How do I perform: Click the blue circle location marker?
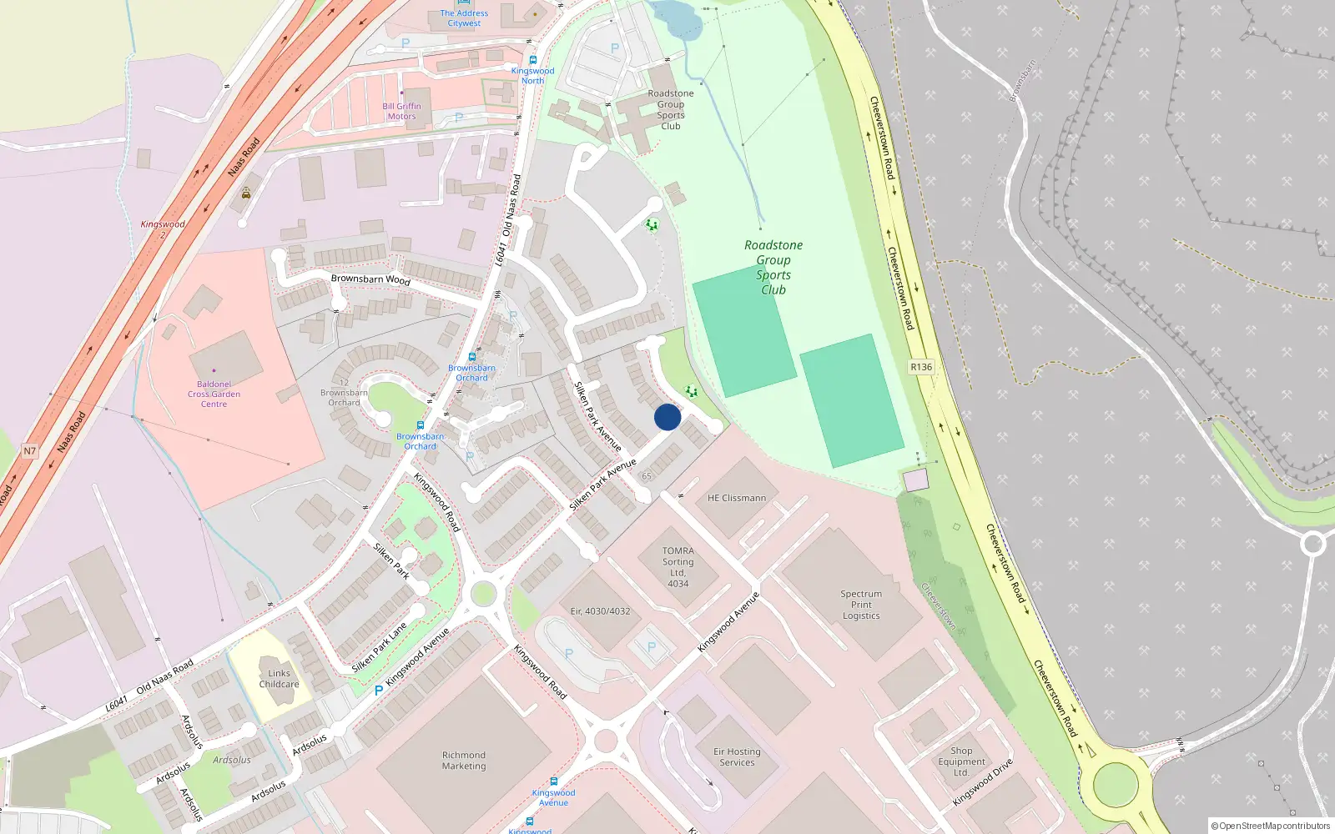coord(667,417)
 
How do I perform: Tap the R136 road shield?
coord(921,367)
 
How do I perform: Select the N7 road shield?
coord(30,451)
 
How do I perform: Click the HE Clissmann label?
coord(737,498)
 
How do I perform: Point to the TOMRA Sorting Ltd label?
coord(678,566)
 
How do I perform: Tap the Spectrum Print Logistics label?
coord(861,605)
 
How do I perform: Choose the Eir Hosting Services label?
coord(737,756)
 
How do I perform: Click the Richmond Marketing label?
coord(464,761)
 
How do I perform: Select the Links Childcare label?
coord(279,679)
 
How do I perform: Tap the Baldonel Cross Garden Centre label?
coord(214,394)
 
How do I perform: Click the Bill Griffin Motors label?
coord(401,111)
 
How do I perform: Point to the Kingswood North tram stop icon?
coord(533,60)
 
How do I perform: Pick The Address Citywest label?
coord(464,18)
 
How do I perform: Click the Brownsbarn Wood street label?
coord(370,279)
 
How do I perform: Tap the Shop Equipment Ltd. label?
coord(961,761)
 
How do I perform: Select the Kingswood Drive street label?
coord(983,782)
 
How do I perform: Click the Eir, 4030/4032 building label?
coord(600,611)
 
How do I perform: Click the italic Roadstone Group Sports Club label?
coord(773,267)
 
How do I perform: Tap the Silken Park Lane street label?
coord(380,647)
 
